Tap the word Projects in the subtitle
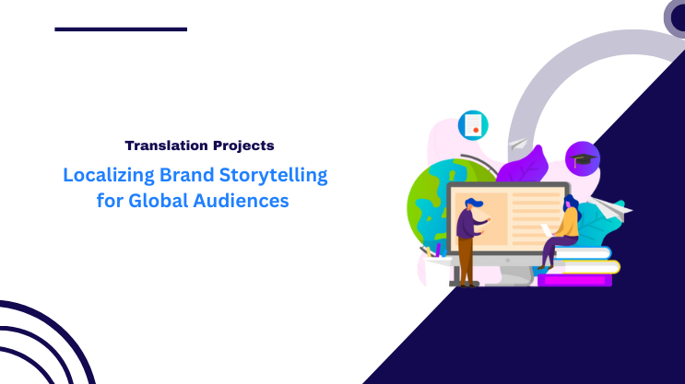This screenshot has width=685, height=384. (242, 145)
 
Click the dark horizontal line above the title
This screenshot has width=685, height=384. (121, 29)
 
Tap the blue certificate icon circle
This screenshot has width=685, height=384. (473, 125)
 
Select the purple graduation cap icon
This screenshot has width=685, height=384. (582, 158)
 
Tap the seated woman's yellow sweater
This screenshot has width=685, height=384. (569, 223)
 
